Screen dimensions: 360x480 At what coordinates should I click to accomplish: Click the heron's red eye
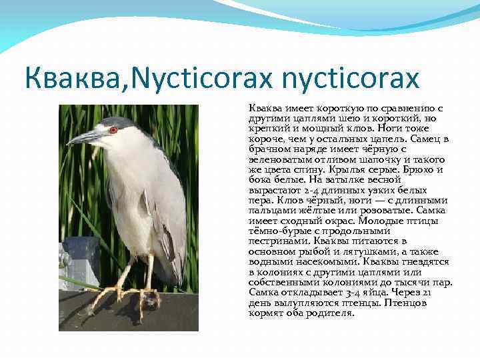point(113,130)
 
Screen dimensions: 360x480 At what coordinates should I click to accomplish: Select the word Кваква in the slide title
point(63,79)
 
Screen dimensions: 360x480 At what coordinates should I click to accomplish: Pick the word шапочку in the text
point(383,159)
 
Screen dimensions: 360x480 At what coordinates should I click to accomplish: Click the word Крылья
point(344,169)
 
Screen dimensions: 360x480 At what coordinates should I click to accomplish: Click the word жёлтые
point(314,210)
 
